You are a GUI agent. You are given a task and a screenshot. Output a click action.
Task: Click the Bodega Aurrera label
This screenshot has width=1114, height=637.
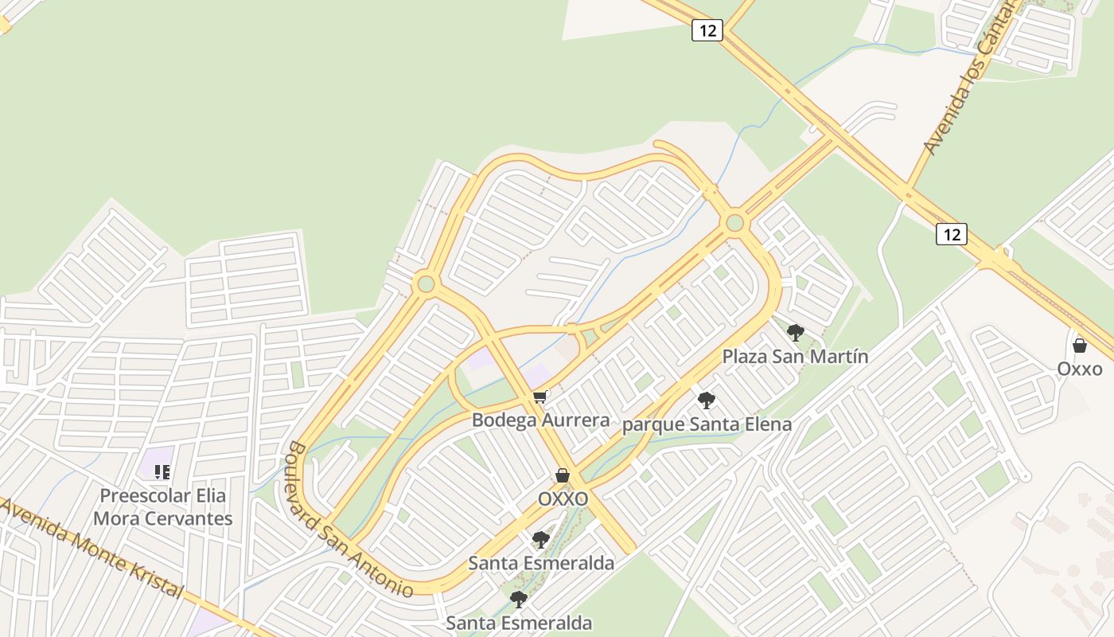point(540,420)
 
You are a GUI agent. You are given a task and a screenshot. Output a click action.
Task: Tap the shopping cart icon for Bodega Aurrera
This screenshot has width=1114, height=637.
point(540,396)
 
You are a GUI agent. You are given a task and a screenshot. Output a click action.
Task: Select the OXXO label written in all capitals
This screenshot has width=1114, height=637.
point(563,498)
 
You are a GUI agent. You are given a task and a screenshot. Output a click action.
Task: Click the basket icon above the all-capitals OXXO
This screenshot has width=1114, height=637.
point(563,475)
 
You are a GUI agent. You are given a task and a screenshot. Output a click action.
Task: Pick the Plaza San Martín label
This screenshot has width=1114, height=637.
point(795,356)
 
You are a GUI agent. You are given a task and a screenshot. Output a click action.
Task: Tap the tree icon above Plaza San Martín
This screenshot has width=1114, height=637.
point(795,333)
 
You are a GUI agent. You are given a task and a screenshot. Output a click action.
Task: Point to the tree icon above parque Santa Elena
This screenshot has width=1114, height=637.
point(706,401)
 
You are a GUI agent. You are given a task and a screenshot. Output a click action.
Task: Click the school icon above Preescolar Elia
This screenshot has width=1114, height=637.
point(162,472)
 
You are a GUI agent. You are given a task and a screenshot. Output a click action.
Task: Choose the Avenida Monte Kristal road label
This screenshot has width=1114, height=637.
point(95,549)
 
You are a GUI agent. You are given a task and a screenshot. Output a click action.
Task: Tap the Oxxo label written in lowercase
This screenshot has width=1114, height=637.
point(1080,369)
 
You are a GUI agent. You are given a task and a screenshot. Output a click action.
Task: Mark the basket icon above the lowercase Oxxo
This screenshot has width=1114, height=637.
point(1080,346)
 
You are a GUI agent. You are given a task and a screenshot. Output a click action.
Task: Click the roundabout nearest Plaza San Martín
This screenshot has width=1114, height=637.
point(734,222)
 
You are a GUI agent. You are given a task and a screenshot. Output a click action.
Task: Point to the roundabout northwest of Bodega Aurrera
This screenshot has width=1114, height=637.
point(426,283)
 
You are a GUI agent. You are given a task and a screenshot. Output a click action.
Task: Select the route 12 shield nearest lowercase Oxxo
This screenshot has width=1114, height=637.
point(951,234)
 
